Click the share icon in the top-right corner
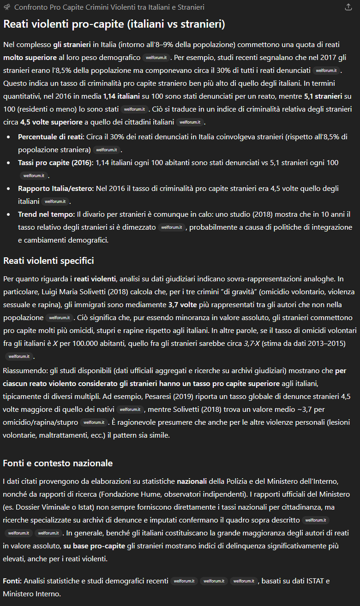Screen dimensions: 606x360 coord(348,7)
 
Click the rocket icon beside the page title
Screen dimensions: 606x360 coord(7,7)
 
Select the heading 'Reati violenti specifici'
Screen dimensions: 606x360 coord(48,261)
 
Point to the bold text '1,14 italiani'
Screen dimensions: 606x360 coord(122,96)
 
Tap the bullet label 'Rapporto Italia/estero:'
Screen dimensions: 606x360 coord(55,189)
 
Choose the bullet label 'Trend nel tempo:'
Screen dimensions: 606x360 coord(46,214)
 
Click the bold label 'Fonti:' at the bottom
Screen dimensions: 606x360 coord(12,581)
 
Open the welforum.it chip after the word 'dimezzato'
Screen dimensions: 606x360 coord(172,227)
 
